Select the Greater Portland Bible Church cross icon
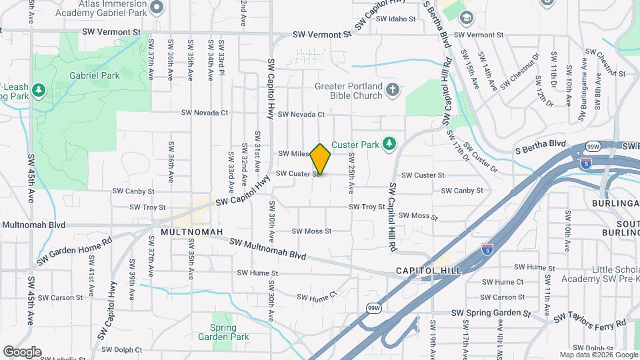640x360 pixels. (393, 90)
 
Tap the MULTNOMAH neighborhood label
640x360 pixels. (187, 233)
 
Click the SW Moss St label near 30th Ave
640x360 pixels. (312, 231)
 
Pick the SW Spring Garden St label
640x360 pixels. (491, 313)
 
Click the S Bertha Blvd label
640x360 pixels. (540, 143)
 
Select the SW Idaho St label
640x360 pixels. (395, 19)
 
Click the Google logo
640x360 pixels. (22, 351)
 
